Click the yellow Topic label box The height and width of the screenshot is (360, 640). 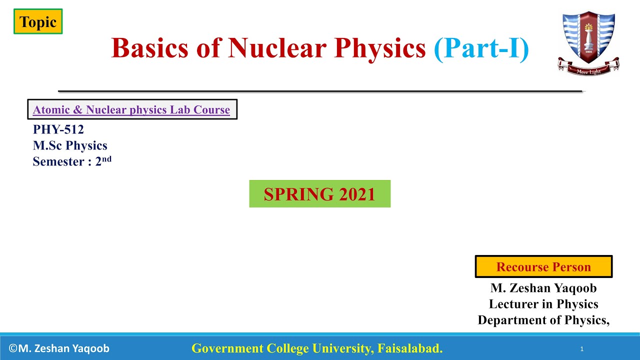coord(38,22)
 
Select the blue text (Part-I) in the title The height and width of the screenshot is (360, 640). coord(481,48)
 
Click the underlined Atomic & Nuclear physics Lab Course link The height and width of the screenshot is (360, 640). coord(131,110)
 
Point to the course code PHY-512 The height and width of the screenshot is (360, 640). coord(58,129)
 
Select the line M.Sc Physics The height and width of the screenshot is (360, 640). coord(70,145)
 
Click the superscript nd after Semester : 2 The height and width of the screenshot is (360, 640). coord(106,158)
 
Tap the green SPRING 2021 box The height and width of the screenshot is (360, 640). coord(319,194)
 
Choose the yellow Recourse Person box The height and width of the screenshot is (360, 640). coord(543,267)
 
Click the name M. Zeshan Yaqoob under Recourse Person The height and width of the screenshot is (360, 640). coord(543,288)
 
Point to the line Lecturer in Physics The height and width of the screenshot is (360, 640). coord(543,304)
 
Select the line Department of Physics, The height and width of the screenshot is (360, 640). coord(543,320)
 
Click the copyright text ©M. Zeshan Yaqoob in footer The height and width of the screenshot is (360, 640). coord(59,348)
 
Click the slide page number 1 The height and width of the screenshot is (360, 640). coord(582,349)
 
